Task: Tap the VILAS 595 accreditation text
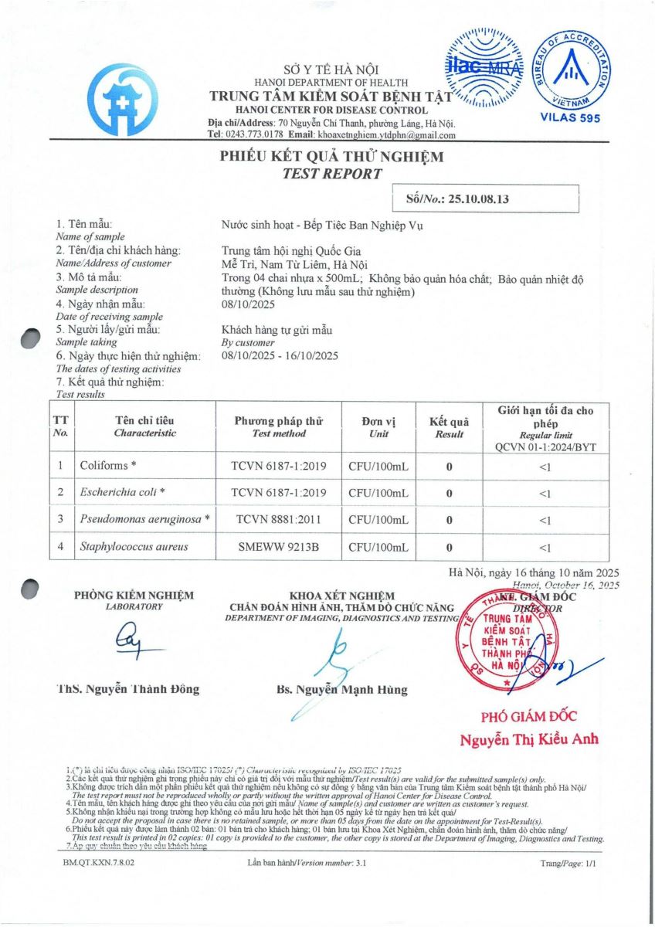[568, 117]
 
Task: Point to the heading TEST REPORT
[332, 174]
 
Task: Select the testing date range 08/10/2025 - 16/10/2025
[280, 356]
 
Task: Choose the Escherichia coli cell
[123, 492]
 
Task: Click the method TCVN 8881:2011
[278, 519]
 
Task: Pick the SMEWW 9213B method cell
[279, 547]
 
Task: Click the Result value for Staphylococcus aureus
[449, 547]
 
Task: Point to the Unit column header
[378, 427]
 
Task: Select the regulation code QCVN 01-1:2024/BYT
[545, 447]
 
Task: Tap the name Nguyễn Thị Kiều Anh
[529, 739]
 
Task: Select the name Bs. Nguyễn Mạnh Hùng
[341, 689]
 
